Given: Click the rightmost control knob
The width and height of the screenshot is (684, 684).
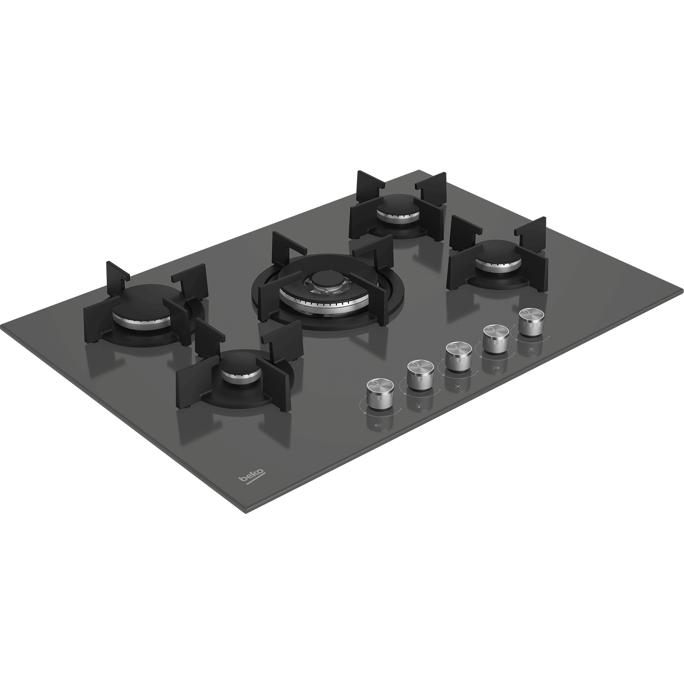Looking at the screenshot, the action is [530, 322].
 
